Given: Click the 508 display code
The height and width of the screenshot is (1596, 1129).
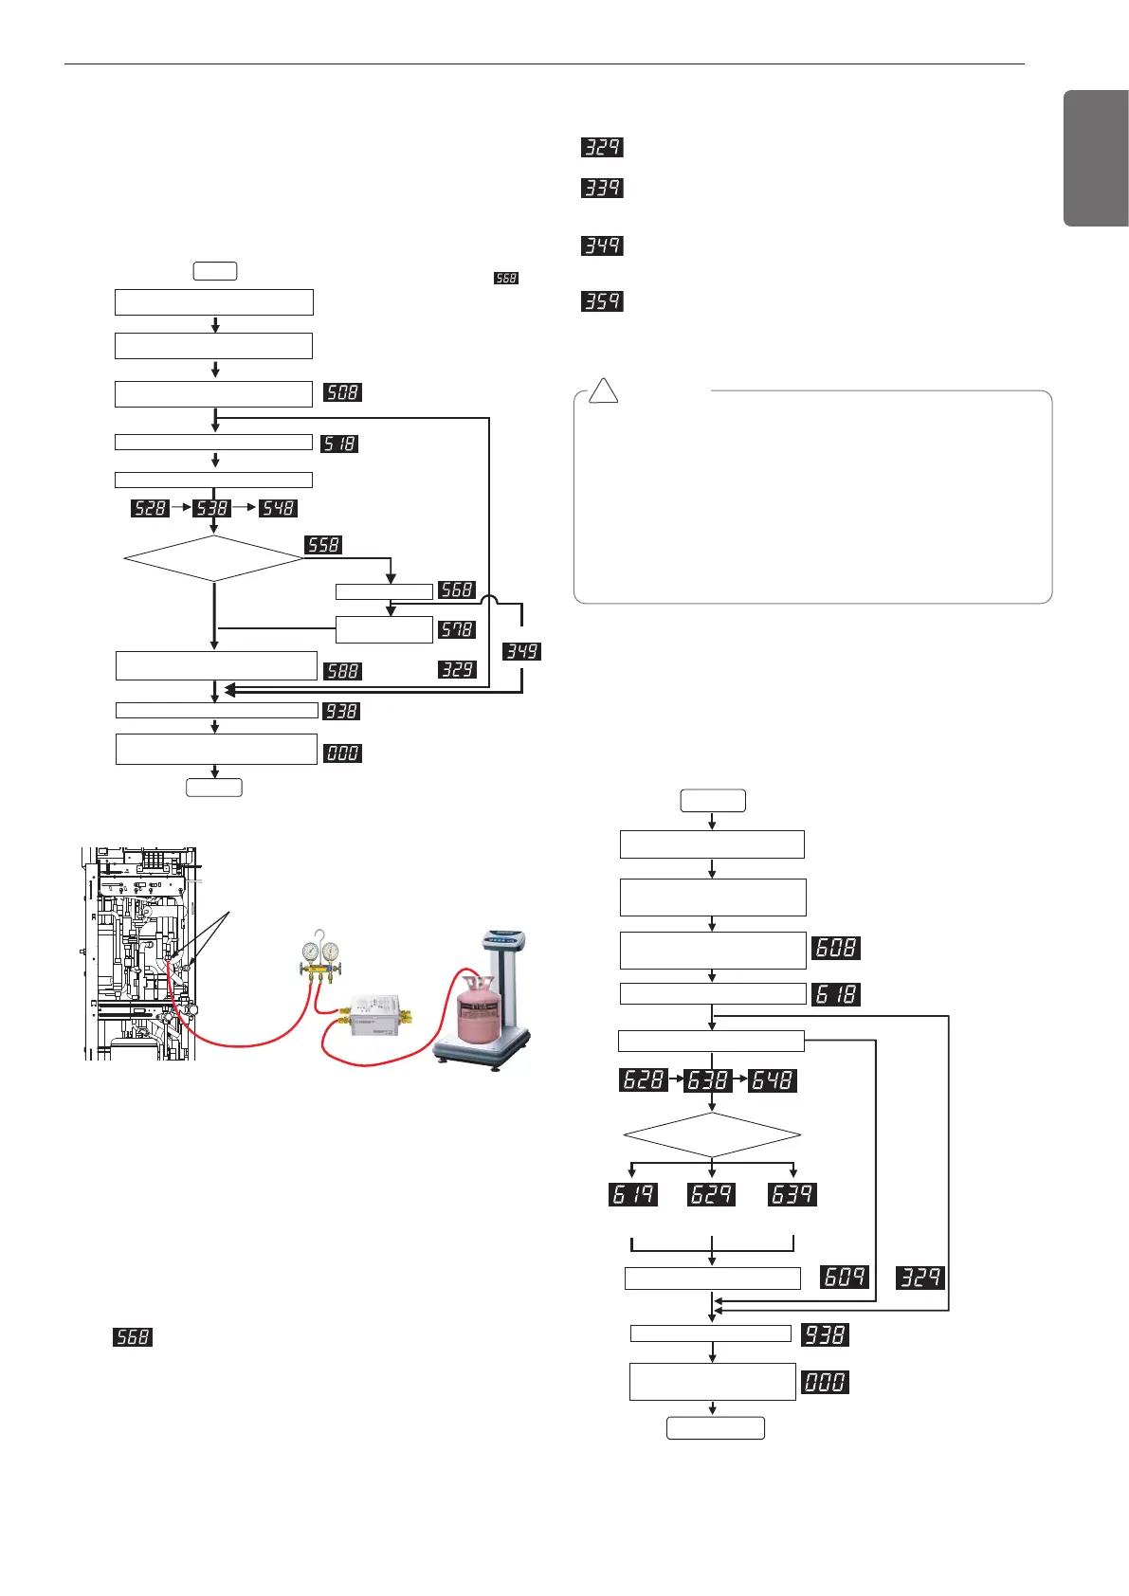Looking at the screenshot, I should pyautogui.click(x=342, y=392).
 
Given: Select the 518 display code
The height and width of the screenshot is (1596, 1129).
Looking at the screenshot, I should pyautogui.click(x=339, y=444).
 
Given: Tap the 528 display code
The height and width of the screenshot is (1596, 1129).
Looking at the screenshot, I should pyautogui.click(x=150, y=509).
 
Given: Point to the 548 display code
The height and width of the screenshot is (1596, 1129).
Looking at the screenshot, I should pyautogui.click(x=279, y=509).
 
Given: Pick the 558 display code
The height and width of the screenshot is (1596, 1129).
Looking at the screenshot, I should pyautogui.click(x=323, y=545).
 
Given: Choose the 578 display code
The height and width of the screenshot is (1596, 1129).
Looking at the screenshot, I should pyautogui.click(x=457, y=629).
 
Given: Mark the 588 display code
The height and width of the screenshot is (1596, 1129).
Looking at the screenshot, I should pyautogui.click(x=342, y=671).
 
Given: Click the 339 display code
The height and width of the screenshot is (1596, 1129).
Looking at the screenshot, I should pyautogui.click(x=602, y=188).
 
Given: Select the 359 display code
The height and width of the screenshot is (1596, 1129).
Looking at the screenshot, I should pyautogui.click(x=602, y=301).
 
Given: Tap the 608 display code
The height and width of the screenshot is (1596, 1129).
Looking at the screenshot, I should pyautogui.click(x=836, y=948).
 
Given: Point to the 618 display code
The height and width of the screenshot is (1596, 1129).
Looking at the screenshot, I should pyautogui.click(x=836, y=994).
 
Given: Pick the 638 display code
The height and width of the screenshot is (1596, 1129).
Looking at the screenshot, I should pyautogui.click(x=708, y=1080).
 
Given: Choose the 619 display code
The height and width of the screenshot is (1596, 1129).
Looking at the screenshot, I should pyautogui.click(x=633, y=1194).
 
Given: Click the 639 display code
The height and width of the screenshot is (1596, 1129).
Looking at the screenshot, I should pyautogui.click(x=792, y=1194).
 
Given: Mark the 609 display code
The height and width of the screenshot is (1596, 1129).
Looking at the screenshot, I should pyautogui.click(x=845, y=1277).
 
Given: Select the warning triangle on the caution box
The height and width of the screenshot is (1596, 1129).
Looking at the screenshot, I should pyautogui.click(x=603, y=390).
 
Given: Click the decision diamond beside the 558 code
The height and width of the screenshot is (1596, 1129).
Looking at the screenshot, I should pyautogui.click(x=214, y=559).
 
